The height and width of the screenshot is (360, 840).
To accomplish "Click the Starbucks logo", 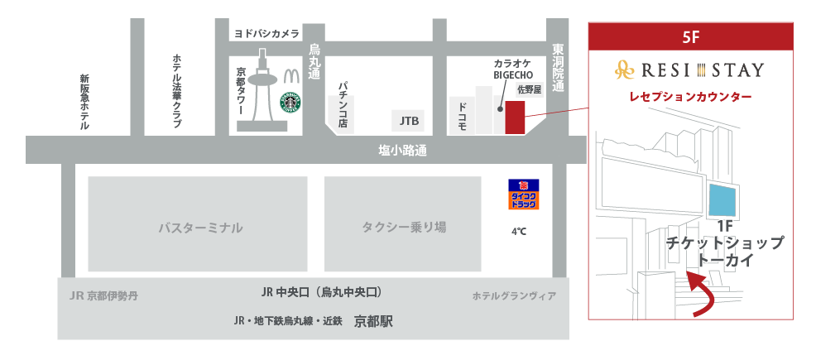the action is (x=290, y=103).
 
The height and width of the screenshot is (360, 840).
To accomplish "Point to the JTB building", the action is (x=409, y=121).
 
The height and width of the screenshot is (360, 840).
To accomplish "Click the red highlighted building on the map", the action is (x=515, y=118).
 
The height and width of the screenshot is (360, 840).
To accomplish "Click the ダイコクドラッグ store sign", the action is (x=523, y=194).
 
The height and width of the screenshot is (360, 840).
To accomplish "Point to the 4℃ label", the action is (x=518, y=232).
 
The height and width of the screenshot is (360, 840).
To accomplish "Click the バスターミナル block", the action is (x=198, y=224).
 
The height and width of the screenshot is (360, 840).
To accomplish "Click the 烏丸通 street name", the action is (x=314, y=61).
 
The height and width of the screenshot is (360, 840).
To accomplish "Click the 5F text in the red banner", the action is (x=691, y=37).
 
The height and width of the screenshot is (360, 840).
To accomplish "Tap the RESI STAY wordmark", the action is (x=690, y=70).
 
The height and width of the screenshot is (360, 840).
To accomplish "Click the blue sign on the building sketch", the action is (x=725, y=199).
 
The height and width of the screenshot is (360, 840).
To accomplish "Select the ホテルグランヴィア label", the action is (x=514, y=295).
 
